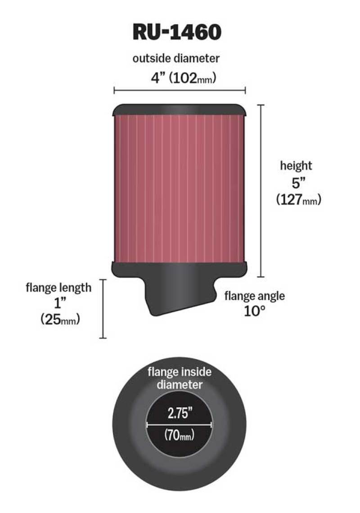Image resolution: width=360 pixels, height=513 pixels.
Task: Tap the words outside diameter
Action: click(x=176, y=58)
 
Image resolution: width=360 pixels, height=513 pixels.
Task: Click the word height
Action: click(x=296, y=166)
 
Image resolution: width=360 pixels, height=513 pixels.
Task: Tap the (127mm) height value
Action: click(x=298, y=200)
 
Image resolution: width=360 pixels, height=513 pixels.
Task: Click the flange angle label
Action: click(x=254, y=296)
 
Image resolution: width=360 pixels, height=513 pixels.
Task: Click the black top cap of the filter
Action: click(x=180, y=109)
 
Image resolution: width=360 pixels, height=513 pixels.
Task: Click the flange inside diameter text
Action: click(x=180, y=378)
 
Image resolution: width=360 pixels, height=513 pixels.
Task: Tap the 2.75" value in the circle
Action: click(x=179, y=413)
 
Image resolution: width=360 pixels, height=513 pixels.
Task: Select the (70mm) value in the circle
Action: click(x=179, y=435)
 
